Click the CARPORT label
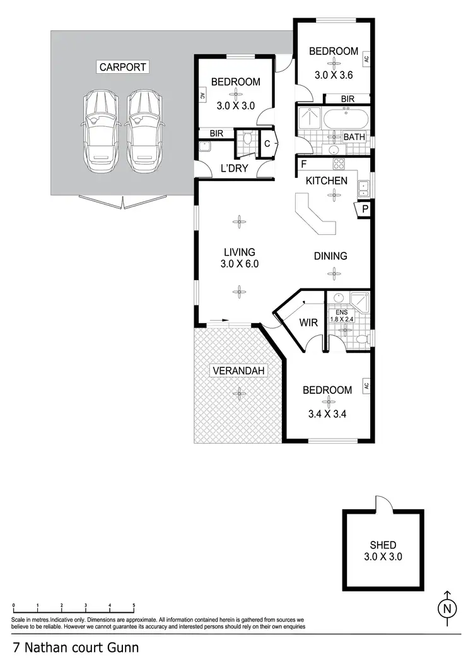pos(122,67)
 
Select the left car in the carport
pos(99,131)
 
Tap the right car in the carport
pos(144,131)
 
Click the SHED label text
pos(383,545)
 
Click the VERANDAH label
pos(238,370)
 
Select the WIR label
pos(308,323)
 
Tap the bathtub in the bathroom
pos(344,118)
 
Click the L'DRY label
pos(234,169)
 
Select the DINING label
pos(331,256)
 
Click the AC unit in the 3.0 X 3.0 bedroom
pos(201,97)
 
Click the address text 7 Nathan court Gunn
pos(76,648)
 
